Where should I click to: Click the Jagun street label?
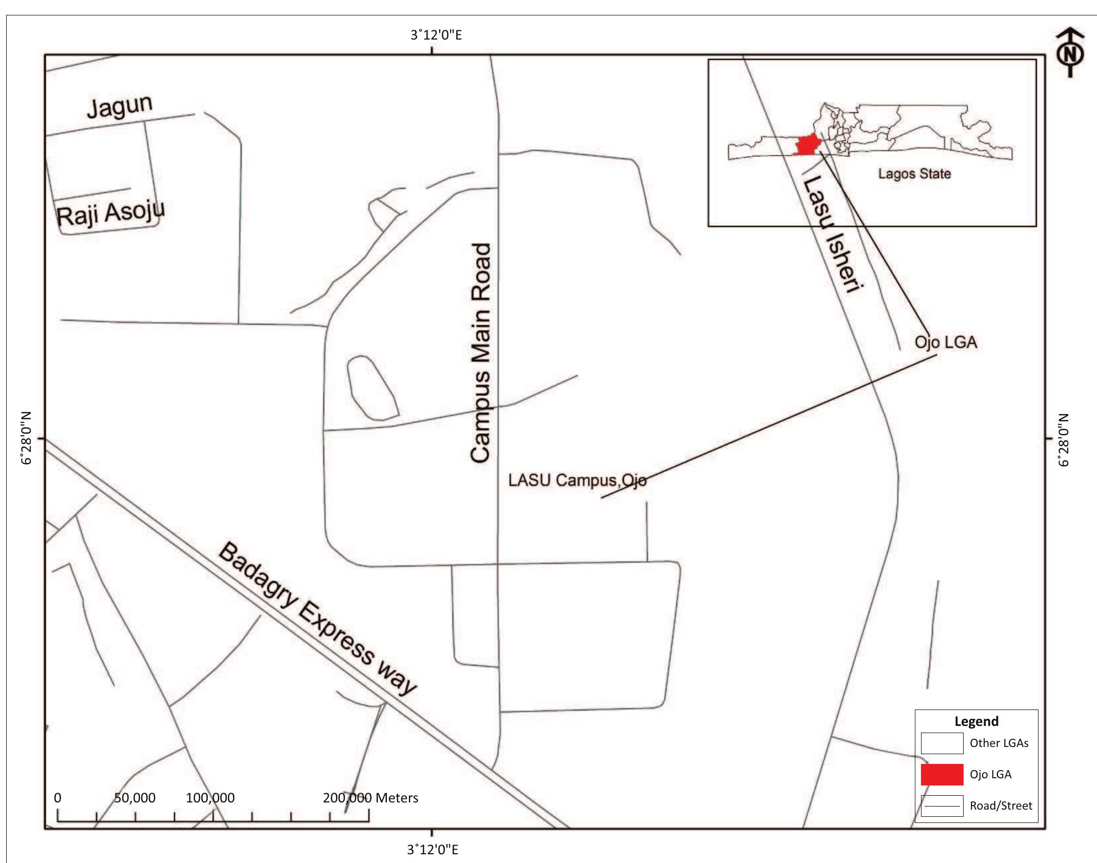(x=120, y=106)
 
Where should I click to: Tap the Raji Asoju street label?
(x=110, y=213)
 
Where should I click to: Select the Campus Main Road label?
(x=481, y=353)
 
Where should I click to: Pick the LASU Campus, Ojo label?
(x=577, y=480)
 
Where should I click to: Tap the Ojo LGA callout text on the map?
(x=946, y=342)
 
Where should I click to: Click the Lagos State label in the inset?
(x=914, y=174)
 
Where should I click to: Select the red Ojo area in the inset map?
(x=806, y=145)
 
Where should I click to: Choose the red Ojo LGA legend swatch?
(x=942, y=774)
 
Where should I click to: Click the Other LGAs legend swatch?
(x=942, y=743)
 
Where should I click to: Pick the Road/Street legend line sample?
(x=942, y=806)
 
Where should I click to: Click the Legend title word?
(x=976, y=721)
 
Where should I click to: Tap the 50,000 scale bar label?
(x=134, y=798)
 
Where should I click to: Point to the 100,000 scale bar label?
(x=210, y=798)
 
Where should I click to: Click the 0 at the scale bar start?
(x=57, y=798)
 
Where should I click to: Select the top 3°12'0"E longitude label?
(x=436, y=35)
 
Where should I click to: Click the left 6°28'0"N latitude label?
(x=27, y=438)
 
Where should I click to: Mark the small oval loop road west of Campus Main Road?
(x=373, y=388)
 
